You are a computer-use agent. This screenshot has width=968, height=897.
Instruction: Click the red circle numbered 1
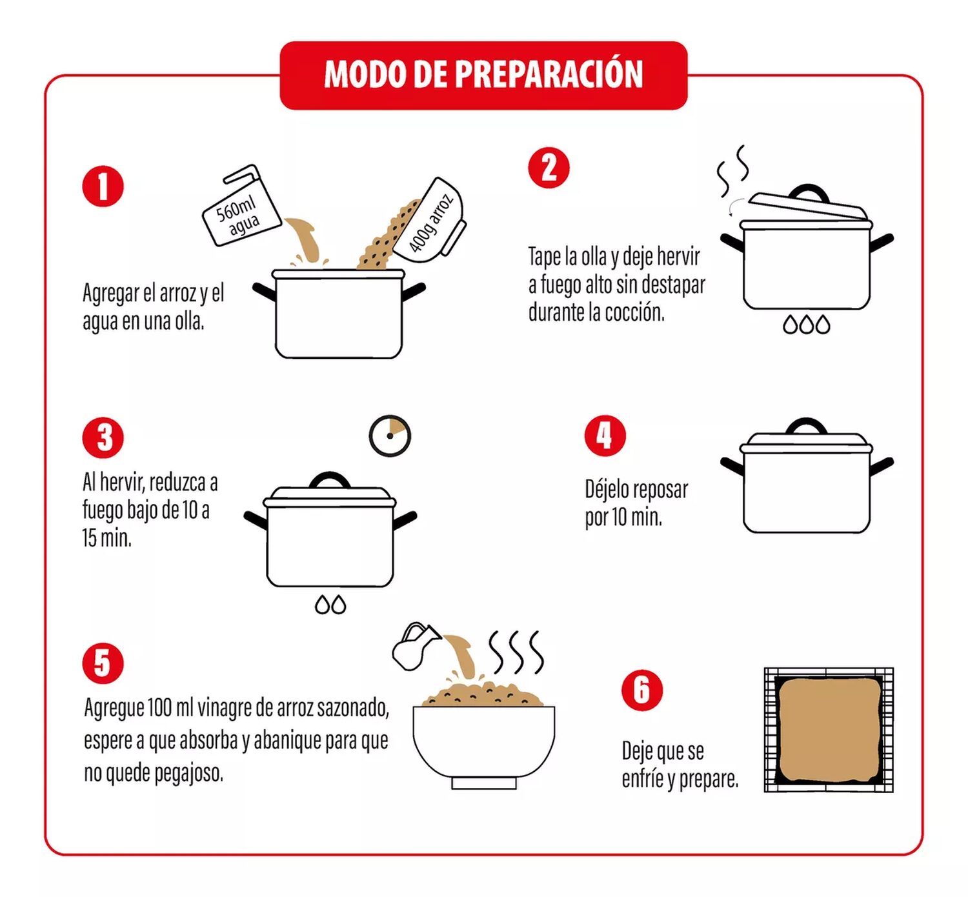(x=103, y=186)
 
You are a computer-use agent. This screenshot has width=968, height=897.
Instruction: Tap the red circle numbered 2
(x=549, y=168)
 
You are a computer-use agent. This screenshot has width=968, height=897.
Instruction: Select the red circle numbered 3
(x=103, y=438)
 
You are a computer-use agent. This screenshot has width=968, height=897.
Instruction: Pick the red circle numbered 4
(x=605, y=436)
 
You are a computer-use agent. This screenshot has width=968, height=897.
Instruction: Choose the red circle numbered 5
(x=103, y=663)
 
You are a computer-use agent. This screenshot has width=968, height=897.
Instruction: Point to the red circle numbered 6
(x=642, y=690)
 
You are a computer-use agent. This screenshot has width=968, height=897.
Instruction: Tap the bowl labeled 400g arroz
(x=430, y=221)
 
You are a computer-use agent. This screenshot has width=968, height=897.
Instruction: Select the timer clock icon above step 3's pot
(x=389, y=436)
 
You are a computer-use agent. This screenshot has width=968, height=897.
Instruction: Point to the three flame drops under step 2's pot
(x=806, y=324)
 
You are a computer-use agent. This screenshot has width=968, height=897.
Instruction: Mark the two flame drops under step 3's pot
(x=330, y=605)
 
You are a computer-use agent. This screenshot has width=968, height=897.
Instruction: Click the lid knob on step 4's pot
(x=806, y=427)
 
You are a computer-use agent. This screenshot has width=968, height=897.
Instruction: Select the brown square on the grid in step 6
(x=828, y=729)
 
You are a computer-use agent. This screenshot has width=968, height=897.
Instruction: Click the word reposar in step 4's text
(x=660, y=490)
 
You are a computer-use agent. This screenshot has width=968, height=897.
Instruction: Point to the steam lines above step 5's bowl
(x=516, y=652)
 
